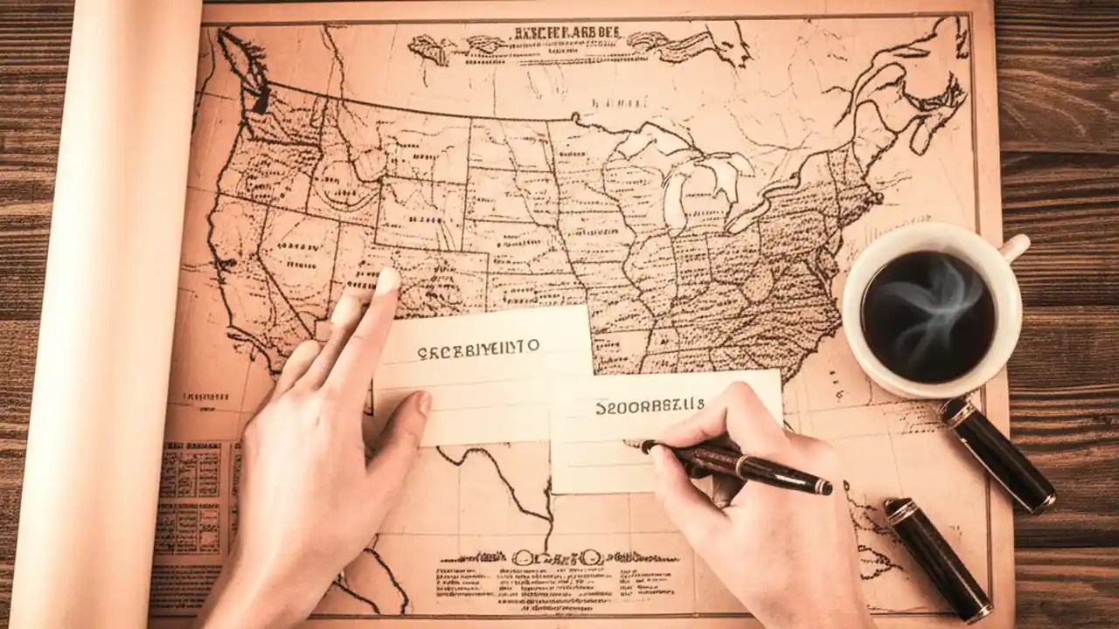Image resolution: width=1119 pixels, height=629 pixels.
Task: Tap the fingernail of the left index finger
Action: point(386,280)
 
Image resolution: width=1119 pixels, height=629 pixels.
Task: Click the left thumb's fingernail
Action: point(424,402)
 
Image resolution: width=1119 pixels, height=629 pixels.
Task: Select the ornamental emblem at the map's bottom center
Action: point(559,556)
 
